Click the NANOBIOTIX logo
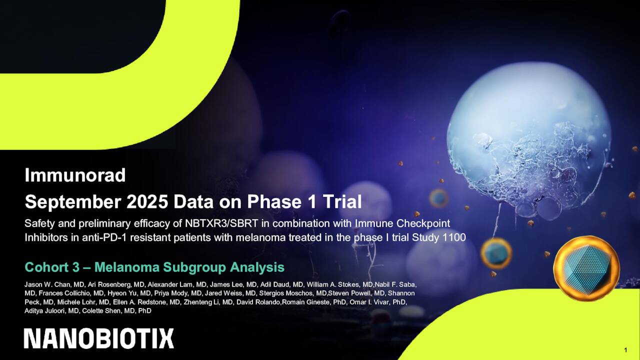point(99,338)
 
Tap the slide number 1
point(626,349)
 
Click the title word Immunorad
point(75,175)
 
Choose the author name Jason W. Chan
point(47,284)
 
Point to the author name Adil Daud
point(276,284)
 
